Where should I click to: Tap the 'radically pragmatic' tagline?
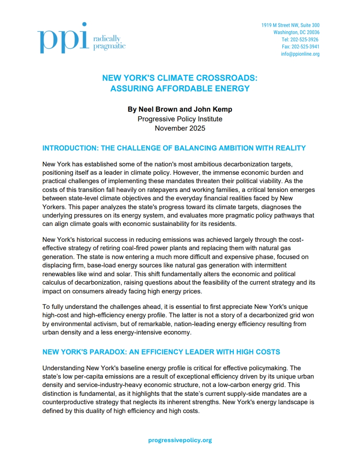[x=109, y=42]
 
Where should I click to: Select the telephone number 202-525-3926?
[x=305, y=40]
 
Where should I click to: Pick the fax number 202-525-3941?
[x=306, y=47]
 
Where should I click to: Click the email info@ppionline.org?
[x=300, y=54]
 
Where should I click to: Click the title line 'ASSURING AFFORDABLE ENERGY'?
[x=180, y=88]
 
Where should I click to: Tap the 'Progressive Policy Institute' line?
[x=180, y=119]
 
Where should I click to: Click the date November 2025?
[x=180, y=128]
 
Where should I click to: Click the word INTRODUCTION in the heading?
[x=69, y=148]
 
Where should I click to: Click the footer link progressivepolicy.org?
[x=180, y=440]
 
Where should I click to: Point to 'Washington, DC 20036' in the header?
[x=296, y=33]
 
